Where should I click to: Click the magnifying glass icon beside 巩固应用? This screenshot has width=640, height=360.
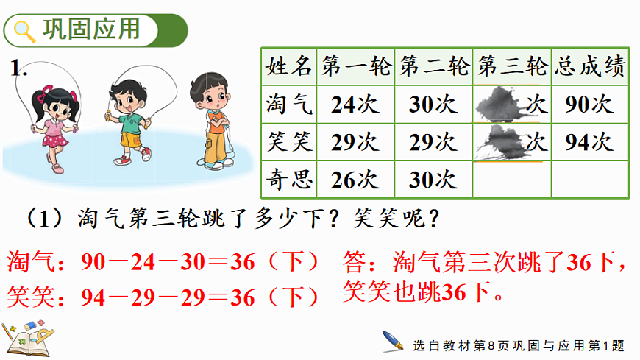25,31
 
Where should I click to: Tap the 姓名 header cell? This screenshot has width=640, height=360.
288,68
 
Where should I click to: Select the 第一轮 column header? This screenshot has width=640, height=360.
355,68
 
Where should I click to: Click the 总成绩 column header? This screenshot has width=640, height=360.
591,68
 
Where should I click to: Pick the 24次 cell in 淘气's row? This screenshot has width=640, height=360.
355,105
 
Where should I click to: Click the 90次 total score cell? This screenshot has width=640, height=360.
591,105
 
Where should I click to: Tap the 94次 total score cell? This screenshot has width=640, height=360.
591,142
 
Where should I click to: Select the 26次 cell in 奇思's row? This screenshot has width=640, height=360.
355,180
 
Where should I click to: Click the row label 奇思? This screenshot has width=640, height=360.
288,180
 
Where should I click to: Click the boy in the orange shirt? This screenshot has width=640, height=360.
213,118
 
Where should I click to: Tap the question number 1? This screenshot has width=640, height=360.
18,70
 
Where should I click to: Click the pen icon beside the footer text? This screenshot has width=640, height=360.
392,342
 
